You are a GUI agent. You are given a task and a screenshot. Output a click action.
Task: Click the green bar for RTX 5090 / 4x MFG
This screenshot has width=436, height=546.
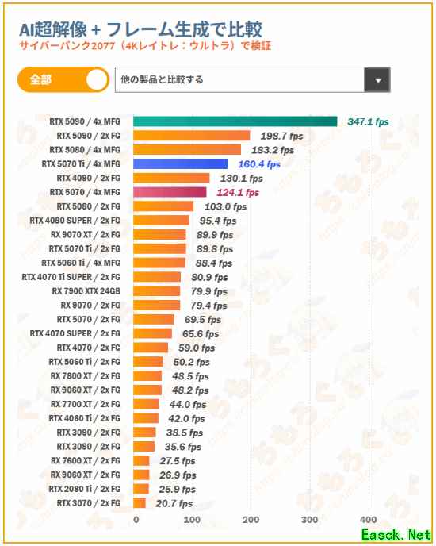[235, 121]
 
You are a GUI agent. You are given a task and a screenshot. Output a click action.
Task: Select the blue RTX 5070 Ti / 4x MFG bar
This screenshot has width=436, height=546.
[180, 164]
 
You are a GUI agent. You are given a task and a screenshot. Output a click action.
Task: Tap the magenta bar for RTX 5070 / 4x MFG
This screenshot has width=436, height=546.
[170, 192]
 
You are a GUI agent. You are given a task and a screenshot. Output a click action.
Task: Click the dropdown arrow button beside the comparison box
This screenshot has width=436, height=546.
[377, 79]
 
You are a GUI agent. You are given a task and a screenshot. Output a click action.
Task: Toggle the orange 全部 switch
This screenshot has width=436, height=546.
[63, 79]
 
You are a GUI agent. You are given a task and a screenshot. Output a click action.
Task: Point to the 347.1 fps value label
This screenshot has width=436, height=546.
[368, 122]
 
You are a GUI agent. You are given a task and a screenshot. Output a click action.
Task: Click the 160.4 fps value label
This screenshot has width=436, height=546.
[259, 164]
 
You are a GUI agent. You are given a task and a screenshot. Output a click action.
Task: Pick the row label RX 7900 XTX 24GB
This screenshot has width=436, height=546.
[86, 291]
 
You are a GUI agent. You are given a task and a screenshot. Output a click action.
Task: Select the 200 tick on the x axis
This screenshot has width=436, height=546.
[251, 520]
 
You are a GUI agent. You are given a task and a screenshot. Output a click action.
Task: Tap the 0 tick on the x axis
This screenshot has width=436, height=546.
[136, 520]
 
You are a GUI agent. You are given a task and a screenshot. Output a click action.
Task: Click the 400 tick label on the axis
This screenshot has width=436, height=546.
[369, 520]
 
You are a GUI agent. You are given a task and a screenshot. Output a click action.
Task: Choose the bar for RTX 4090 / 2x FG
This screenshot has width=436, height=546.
[171, 178]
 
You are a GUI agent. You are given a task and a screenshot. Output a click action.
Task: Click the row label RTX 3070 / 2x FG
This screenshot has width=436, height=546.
[89, 503]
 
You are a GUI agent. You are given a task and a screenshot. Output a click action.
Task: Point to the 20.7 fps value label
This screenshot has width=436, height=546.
[174, 503]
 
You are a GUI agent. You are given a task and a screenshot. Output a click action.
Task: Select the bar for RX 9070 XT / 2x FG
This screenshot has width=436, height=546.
[159, 235]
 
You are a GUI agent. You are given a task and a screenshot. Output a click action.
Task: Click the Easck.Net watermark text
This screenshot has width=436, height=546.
[396, 535]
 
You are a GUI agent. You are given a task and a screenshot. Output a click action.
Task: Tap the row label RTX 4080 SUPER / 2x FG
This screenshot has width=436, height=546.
[75, 221]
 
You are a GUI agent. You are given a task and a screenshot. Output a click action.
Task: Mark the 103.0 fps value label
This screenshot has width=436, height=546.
[225, 206]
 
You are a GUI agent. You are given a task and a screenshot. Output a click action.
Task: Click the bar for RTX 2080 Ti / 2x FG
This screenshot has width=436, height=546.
[141, 489]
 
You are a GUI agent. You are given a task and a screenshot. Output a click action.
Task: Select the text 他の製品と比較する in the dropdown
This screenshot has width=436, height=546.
[162, 79]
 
